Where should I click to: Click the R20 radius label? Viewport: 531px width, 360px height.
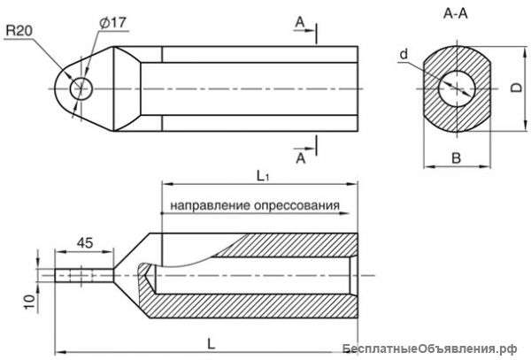tap(19, 31)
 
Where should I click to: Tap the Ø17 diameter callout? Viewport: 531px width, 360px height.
tap(112, 23)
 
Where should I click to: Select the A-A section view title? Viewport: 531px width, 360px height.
tap(456, 13)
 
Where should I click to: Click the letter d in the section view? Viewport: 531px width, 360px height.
tap(404, 54)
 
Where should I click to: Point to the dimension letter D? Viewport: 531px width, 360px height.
tap(517, 88)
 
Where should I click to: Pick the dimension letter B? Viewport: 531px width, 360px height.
tap(456, 158)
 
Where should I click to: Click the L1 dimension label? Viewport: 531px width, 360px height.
tap(263, 176)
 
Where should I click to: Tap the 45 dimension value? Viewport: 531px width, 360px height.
tap(85, 243)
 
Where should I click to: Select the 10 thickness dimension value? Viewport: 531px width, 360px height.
tap(30, 301)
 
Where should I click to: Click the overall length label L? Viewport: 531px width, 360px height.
tap(211, 344)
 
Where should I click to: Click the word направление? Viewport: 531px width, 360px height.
tap(211, 205)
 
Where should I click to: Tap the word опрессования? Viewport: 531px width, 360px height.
tap(296, 205)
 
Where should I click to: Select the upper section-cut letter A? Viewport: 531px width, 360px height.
tap(300, 22)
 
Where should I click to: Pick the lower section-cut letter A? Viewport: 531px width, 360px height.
tap(301, 158)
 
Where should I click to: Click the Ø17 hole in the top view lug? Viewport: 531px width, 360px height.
tap(81, 88)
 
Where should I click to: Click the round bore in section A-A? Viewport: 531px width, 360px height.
tap(457, 88)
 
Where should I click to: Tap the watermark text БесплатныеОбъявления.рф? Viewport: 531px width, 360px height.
tap(429, 349)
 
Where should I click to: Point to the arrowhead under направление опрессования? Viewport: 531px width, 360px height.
tap(343, 213)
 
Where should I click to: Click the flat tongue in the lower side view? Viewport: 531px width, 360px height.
tap(84, 275)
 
